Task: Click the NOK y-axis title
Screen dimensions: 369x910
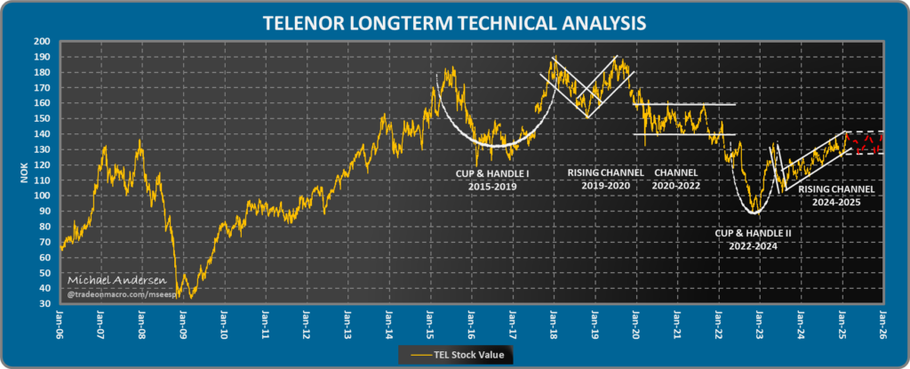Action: tap(25, 172)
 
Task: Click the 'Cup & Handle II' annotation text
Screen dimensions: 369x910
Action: tap(752, 238)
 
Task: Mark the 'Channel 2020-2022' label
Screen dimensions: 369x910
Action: tap(676, 179)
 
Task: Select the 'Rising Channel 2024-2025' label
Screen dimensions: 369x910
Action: tap(836, 195)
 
